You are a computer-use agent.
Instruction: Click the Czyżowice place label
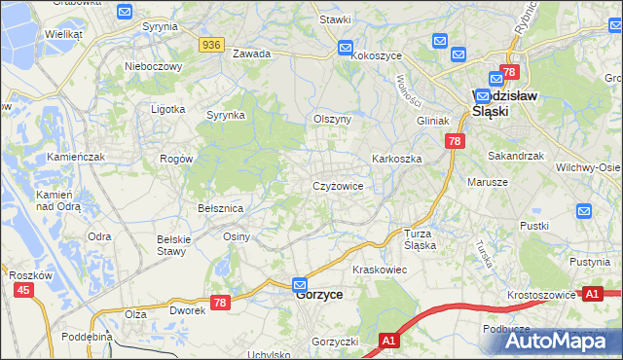pos(338,185)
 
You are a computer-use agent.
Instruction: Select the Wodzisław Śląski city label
pos(505,103)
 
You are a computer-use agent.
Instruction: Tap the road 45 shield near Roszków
pos(22,290)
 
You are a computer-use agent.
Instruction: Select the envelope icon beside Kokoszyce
pos(346,48)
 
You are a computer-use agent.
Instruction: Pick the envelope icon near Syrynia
pos(125,12)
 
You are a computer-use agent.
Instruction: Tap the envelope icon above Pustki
pos(584,210)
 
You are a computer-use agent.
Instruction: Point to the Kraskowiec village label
pos(379,269)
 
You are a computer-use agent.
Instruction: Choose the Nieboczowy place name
pos(154,66)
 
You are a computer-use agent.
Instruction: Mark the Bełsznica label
pos(220,208)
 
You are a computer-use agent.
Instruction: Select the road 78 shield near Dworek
pos(220,304)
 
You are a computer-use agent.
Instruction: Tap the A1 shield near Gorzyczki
pos(388,341)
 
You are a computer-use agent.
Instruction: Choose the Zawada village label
pos(251,54)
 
